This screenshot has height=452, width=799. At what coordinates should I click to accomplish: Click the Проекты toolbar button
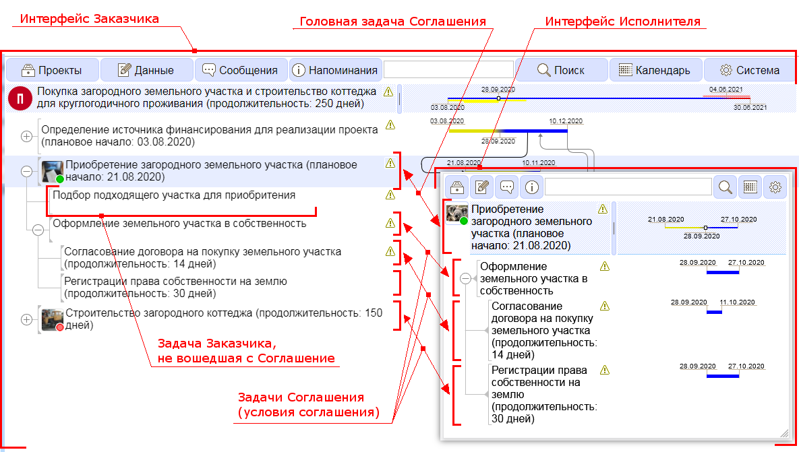coord(52,70)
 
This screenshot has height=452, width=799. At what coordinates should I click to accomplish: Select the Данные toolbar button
coord(147,70)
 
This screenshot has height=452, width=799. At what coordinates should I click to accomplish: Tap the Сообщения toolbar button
coord(241,70)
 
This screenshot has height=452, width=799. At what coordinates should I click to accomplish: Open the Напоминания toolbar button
coord(336,70)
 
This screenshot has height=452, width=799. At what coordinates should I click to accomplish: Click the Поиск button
coord(562,70)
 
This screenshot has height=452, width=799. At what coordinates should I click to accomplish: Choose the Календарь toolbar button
coord(655,70)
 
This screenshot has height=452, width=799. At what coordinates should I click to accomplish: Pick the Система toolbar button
coord(750,70)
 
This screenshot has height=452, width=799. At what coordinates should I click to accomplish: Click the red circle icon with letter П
coord(20,98)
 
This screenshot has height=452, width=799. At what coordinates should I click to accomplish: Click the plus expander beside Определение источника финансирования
coord(26,137)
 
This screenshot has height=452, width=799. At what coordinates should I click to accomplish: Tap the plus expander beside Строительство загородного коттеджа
coord(26,320)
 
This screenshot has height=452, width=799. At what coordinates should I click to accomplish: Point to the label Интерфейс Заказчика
coord(89,19)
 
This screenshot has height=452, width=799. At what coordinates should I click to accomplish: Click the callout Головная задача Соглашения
coord(392,22)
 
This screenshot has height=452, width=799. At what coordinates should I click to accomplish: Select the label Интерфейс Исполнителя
coord(623,22)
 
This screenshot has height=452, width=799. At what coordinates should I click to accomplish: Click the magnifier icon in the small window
coord(725,187)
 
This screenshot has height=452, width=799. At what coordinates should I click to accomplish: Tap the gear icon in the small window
coord(775,187)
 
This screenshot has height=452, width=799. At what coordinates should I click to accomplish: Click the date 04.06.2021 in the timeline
coord(726,89)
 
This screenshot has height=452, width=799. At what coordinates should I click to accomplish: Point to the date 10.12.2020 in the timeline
coord(566,121)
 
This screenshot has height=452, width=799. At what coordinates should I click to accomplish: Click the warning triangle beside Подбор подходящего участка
coord(390,195)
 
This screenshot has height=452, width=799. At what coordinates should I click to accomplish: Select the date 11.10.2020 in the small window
coord(738,302)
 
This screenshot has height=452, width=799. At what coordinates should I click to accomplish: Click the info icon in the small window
coord(531,187)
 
